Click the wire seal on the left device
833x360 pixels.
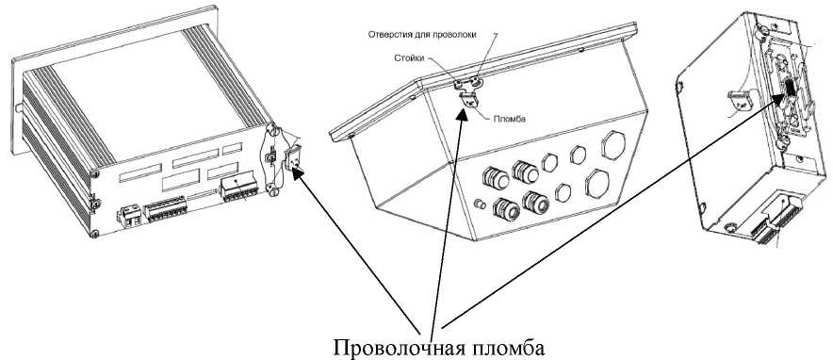coord(296,158)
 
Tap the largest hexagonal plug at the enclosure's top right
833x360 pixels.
coord(611,144)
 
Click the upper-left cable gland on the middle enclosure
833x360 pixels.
coord(493,174)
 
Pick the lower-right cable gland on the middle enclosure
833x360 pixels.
coord(534,203)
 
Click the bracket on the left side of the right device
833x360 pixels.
coord(742,101)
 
